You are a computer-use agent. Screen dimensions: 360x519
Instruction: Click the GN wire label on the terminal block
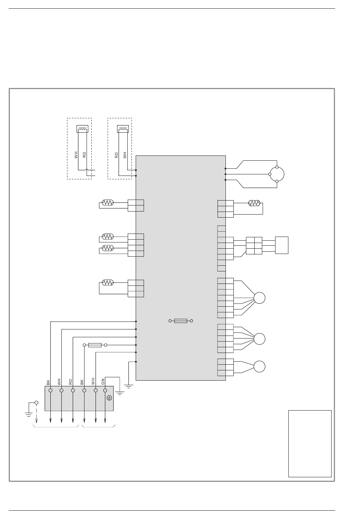[x=103, y=382]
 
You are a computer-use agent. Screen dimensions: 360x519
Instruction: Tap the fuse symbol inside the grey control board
[x=181, y=321]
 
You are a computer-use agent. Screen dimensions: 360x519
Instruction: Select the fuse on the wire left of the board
[x=95, y=345]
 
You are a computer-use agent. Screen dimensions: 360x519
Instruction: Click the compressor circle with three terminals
[x=277, y=174]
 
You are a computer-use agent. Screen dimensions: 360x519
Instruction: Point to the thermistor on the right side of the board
[x=254, y=203]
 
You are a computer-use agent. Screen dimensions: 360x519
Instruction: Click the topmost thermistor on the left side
[x=108, y=203]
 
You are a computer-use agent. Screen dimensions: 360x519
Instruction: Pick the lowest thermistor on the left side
[x=108, y=283]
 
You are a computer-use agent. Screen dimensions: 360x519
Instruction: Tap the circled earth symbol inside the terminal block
[x=110, y=398]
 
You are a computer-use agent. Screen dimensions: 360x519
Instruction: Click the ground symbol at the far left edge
[x=29, y=414]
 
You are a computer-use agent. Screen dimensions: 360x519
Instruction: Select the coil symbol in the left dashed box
[x=83, y=129]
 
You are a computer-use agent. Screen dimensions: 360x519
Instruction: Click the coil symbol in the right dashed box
[x=123, y=129]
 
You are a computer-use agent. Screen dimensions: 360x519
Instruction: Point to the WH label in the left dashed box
[x=76, y=155]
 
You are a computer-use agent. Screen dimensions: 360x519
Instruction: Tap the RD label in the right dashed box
[x=116, y=155]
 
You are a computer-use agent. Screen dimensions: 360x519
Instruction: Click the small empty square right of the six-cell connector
[x=282, y=245]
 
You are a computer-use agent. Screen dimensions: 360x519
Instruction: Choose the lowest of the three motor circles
[x=260, y=367]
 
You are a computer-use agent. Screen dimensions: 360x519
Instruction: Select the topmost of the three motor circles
[x=260, y=298]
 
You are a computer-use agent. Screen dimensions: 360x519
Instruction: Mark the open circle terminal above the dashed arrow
[x=36, y=403]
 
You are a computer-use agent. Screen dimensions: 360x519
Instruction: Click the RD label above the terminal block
[x=70, y=382]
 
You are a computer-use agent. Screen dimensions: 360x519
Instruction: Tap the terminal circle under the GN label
[x=105, y=390]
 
